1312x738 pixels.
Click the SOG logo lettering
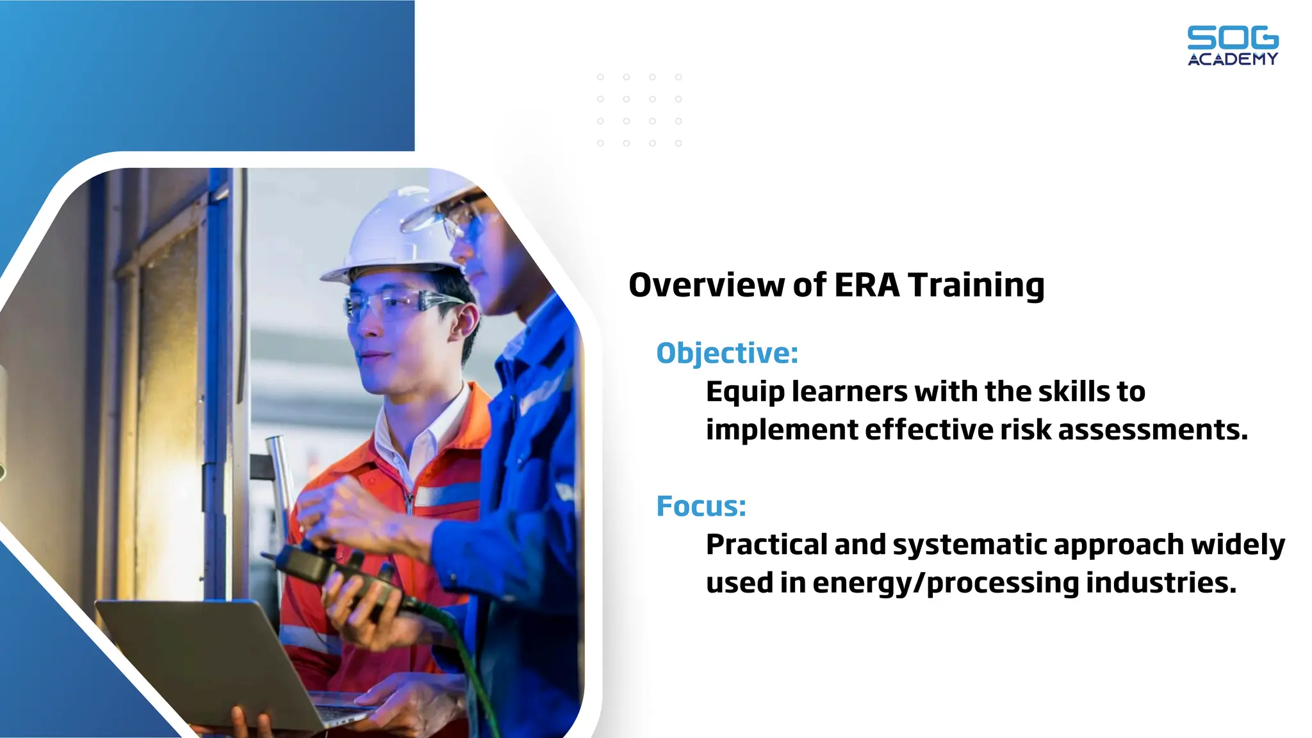(1233, 38)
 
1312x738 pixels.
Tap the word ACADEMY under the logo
(1233, 59)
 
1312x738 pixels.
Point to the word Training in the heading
(976, 285)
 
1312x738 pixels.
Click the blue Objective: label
(727, 353)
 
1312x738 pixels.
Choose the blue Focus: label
(701, 506)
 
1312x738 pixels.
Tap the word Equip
(745, 392)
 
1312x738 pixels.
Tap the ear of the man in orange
(466, 324)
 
